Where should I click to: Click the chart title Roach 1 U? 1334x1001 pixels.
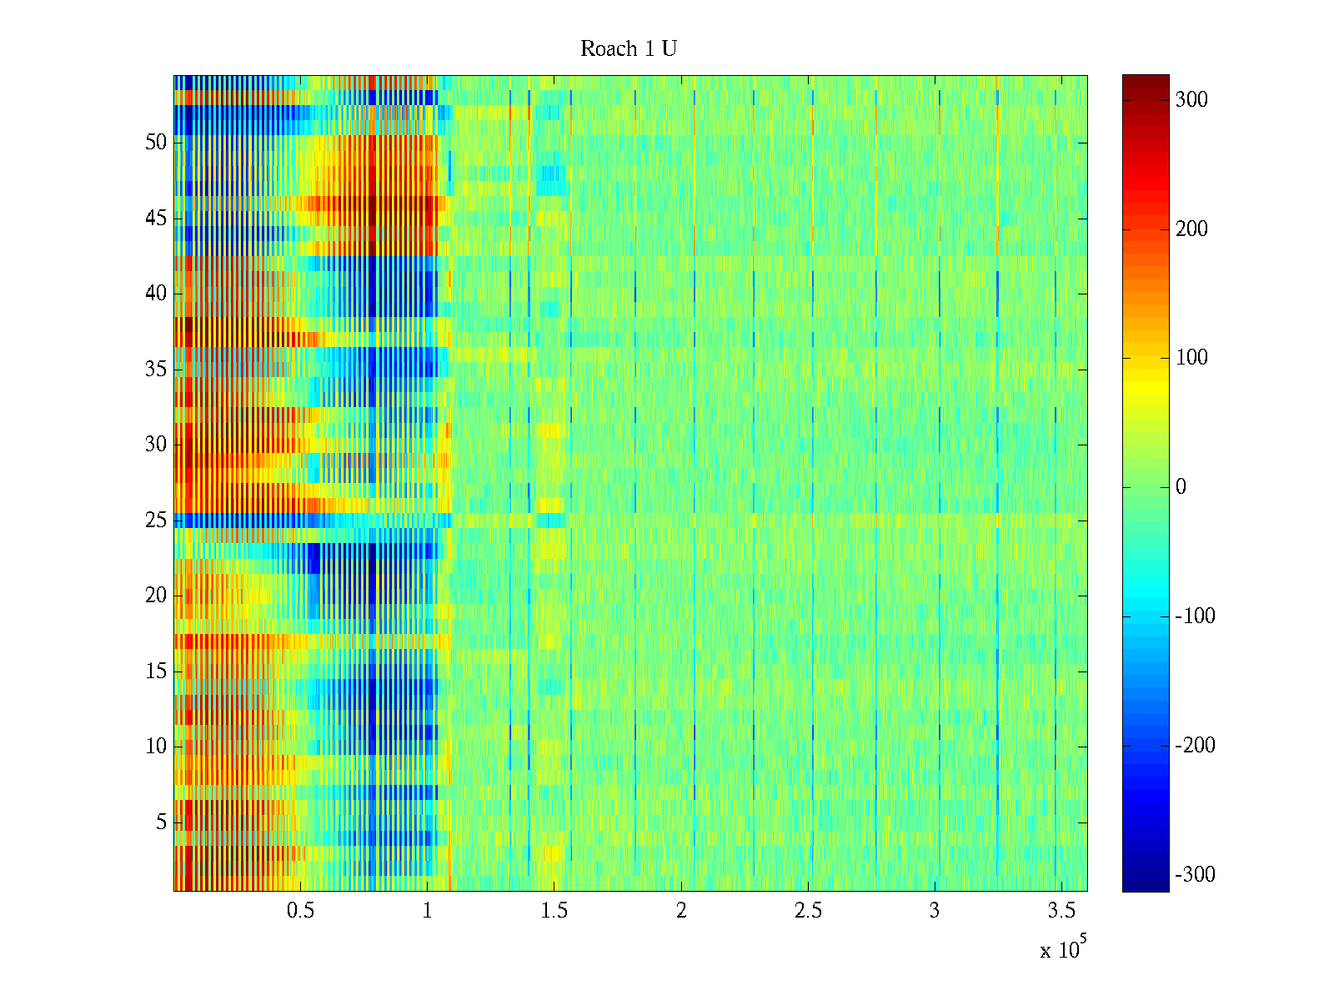(628, 49)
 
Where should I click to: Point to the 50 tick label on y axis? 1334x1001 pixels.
(156, 143)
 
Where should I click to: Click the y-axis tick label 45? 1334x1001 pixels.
(156, 219)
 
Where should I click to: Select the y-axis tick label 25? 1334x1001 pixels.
(156, 521)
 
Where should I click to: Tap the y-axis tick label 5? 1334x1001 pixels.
(161, 822)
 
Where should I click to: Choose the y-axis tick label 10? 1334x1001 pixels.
(156, 747)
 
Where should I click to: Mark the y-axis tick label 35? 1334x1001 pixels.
(156, 370)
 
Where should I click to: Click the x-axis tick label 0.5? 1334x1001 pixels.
(300, 911)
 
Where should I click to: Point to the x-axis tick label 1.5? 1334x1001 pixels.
(554, 911)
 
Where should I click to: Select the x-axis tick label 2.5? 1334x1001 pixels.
(808, 911)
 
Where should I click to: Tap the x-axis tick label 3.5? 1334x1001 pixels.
(1061, 911)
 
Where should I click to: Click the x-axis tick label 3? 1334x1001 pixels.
(935, 911)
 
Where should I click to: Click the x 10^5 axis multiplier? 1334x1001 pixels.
(1063, 948)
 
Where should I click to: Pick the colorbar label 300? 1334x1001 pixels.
(1191, 100)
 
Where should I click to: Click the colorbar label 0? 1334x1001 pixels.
(1181, 487)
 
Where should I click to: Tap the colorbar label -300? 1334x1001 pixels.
(1195, 875)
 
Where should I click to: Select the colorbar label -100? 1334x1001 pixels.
(1195, 616)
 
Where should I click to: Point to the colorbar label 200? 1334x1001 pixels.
(1191, 229)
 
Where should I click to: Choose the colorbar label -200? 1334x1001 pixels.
(1195, 746)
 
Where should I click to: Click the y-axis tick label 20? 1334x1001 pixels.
(156, 596)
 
